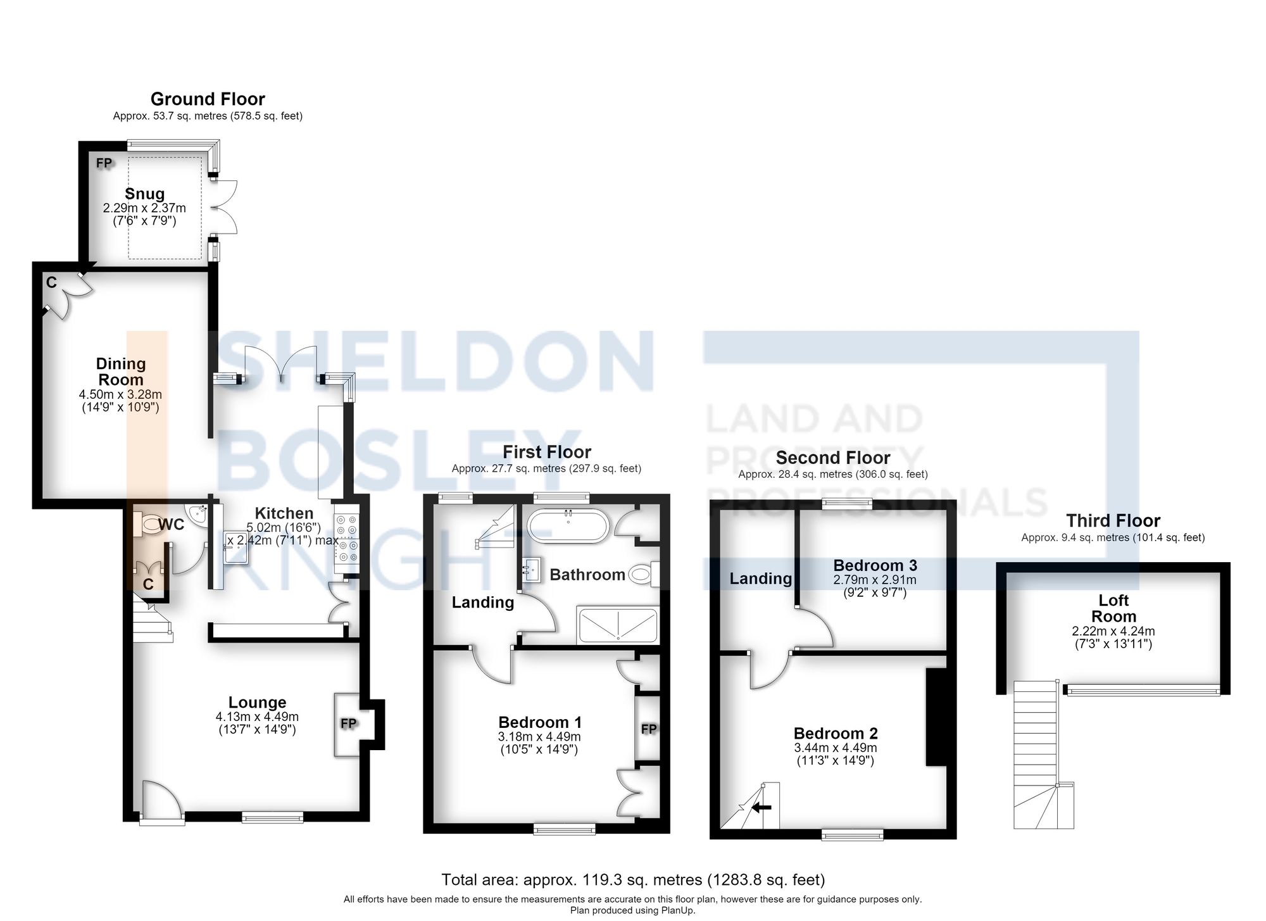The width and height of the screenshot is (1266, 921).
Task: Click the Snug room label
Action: click(144, 194)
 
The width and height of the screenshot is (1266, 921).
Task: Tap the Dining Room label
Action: click(120, 372)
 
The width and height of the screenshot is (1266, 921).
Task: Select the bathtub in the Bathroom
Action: click(568, 526)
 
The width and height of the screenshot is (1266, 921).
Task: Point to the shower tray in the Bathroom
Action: click(617, 625)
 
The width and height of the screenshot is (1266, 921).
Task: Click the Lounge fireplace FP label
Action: click(349, 724)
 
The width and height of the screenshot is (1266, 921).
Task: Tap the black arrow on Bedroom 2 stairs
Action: click(762, 807)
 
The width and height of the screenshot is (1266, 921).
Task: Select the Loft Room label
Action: click(1113, 608)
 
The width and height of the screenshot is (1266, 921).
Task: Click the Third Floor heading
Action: click(1113, 520)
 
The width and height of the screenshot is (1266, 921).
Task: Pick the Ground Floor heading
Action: click(208, 99)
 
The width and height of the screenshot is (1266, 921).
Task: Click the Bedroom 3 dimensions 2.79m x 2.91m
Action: click(874, 580)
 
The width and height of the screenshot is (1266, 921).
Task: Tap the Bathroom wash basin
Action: click(530, 569)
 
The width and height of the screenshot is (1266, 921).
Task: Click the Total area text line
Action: click(633, 879)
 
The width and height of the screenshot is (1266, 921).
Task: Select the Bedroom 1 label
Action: click(540, 722)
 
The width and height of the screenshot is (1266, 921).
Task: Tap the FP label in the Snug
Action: click(104, 163)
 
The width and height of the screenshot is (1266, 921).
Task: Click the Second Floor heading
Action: click(833, 457)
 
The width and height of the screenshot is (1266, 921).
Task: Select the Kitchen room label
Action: click(284, 513)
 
